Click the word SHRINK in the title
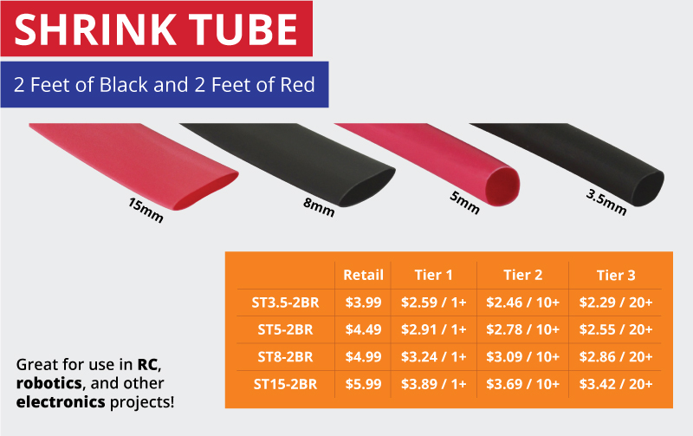click(x=95, y=29)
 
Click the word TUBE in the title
click(x=243, y=29)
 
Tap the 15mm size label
click(x=146, y=210)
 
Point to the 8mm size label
click(x=319, y=207)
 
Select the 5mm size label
click(x=464, y=203)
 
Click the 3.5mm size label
click(x=606, y=203)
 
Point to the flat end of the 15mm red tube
click(x=207, y=191)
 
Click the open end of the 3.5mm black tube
click(x=648, y=188)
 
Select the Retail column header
click(x=363, y=275)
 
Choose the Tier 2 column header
click(x=523, y=275)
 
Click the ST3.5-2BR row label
click(x=286, y=303)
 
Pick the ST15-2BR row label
click(x=286, y=384)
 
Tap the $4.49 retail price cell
click(x=363, y=330)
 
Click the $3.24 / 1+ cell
click(x=434, y=357)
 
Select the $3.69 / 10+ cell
click(x=523, y=384)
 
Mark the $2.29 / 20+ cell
click(x=616, y=303)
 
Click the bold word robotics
click(x=49, y=383)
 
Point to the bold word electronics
click(x=61, y=402)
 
